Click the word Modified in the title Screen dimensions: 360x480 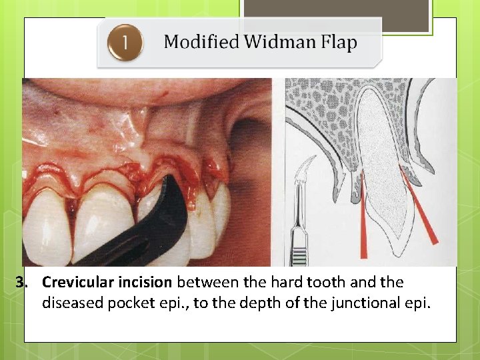tap(201, 43)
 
